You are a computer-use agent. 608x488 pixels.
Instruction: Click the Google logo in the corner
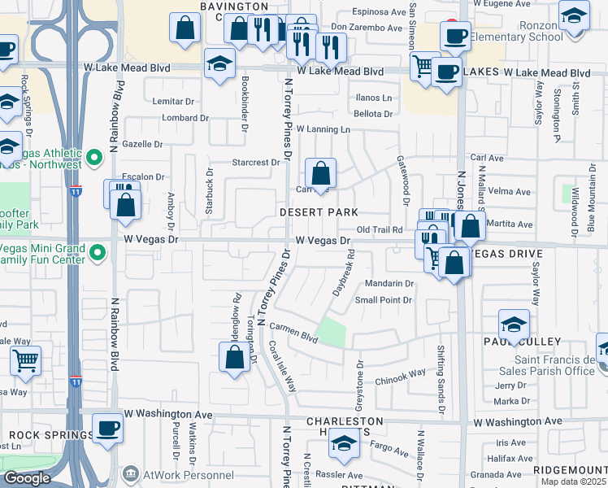pos(27,478)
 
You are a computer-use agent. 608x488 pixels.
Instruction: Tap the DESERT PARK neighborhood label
pos(319,211)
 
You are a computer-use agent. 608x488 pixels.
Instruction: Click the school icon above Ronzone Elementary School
pos(574,15)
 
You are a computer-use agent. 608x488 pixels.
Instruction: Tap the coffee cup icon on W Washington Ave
pos(106,428)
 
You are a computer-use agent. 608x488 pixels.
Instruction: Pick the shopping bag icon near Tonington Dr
pos(234,357)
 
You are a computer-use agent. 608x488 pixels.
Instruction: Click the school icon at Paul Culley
pos(513,325)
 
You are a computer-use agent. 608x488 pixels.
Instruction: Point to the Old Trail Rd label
pos(380,230)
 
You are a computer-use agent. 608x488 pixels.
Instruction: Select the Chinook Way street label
pos(400,374)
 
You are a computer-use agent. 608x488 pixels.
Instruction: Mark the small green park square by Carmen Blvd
pos(331,332)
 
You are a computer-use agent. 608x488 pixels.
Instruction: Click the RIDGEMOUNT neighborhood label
pos(568,470)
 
